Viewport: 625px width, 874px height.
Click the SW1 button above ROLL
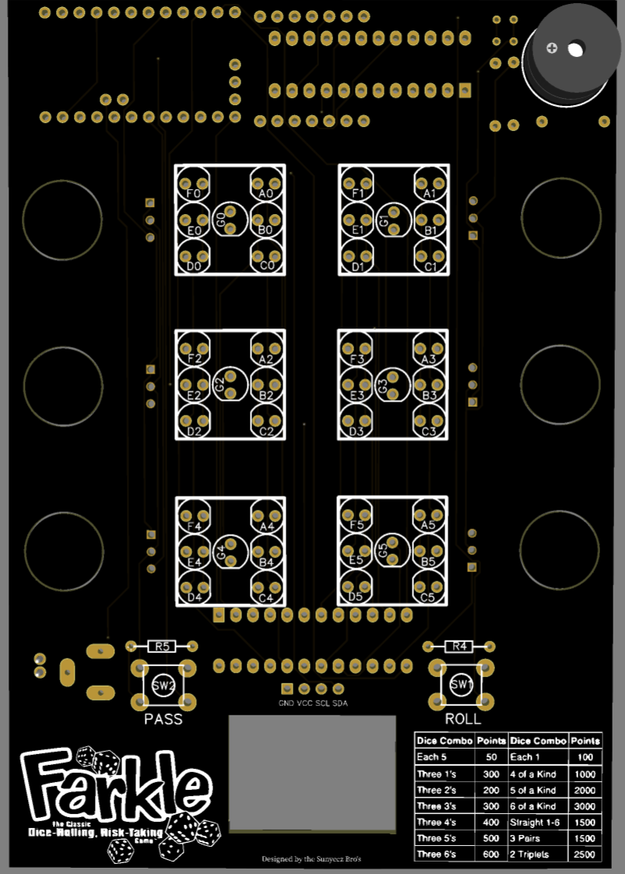tap(461, 685)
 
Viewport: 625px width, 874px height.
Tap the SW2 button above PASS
tap(163, 686)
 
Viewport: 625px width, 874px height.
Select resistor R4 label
tap(459, 646)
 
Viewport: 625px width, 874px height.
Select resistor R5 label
tap(162, 646)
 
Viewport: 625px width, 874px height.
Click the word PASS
tap(163, 719)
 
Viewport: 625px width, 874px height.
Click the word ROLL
tap(462, 719)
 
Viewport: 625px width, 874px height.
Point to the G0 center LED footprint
tap(230, 220)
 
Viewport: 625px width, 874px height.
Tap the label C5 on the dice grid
tap(427, 598)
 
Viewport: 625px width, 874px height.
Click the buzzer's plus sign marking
tap(552, 48)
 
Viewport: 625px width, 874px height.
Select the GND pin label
tap(286, 704)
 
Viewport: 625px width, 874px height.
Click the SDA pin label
tap(340, 704)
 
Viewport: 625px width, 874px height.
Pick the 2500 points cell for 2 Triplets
tap(585, 855)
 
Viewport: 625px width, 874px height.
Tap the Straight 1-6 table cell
tap(538, 823)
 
